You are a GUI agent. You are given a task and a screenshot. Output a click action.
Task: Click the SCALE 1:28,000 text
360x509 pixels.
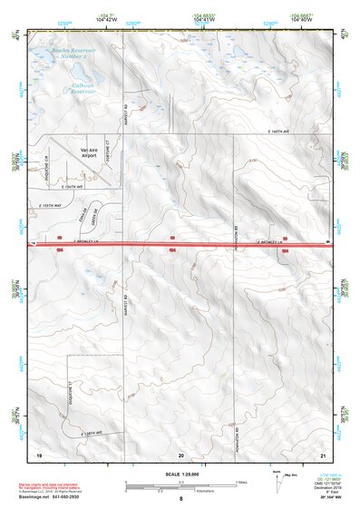[180, 475]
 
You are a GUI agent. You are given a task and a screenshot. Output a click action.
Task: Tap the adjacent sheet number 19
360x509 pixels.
[38, 454]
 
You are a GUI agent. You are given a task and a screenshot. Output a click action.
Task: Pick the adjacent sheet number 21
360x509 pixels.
[323, 454]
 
